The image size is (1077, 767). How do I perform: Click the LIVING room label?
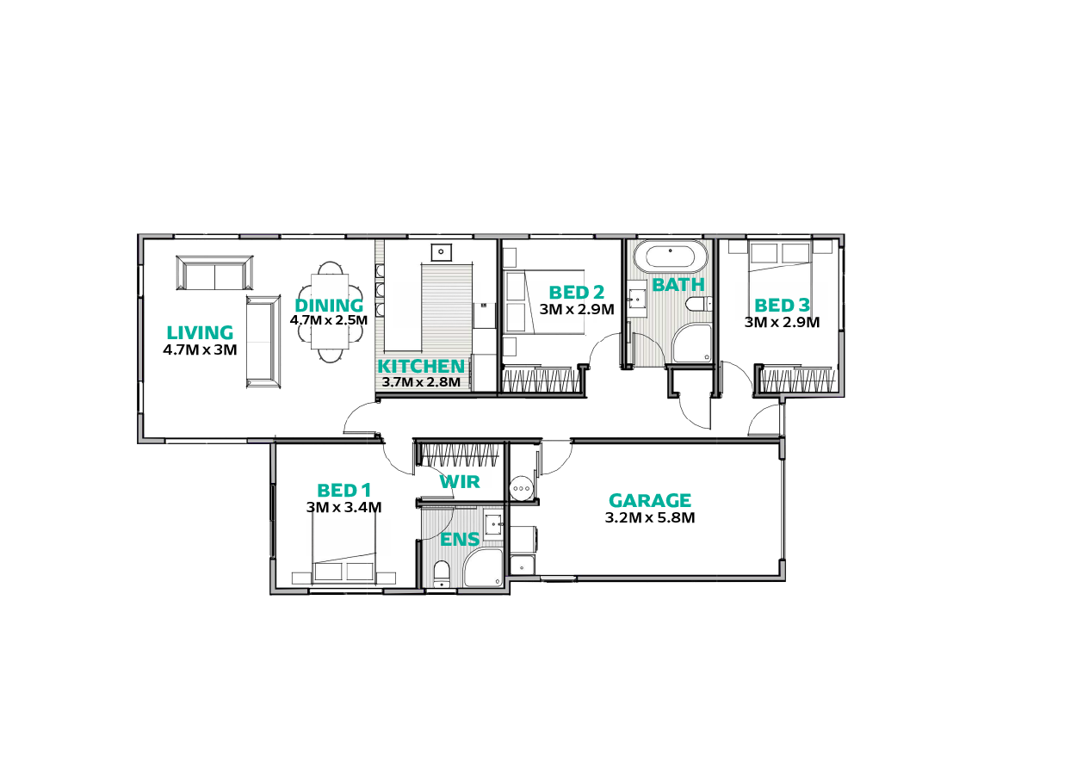pos(200,333)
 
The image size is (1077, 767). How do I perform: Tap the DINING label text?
pos(329,306)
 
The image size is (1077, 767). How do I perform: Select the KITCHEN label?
pos(421,367)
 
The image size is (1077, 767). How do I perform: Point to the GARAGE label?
pos(650,501)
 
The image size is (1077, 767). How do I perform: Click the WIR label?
pos(460,482)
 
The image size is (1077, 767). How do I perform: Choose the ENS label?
pos(460,540)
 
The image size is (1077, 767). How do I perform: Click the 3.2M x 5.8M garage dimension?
pos(650,518)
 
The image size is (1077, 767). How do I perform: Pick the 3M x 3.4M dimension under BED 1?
pos(344,507)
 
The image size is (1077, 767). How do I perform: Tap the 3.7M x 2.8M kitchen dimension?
pos(421,382)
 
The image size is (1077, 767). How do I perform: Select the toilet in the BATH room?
pos(698,305)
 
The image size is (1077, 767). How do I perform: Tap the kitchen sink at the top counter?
pos(441,252)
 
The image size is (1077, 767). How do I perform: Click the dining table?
pos(330,312)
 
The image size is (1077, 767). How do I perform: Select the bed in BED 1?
pos(344,548)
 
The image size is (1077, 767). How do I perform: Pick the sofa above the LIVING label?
pos(214,273)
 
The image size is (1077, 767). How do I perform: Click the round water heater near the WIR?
pos(522,489)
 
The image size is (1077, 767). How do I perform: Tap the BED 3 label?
pos(782,306)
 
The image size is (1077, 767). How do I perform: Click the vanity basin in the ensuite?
pos(494,524)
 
